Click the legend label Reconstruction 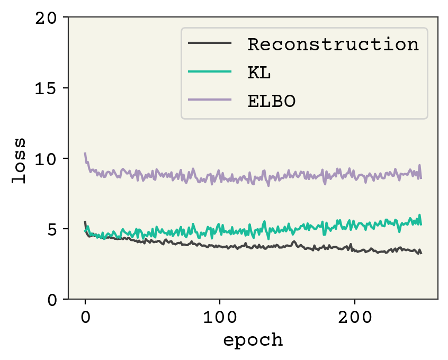pos(333,44)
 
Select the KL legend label pos(259,73)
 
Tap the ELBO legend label pos(271,101)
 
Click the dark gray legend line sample pos(210,44)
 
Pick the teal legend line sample pos(210,72)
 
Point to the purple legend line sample pos(210,100)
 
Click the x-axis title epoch pos(253,340)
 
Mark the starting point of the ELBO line pos(85,154)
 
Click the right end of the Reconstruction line pos(421,253)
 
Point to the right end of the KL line pos(421,224)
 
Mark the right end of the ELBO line pos(421,178)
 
